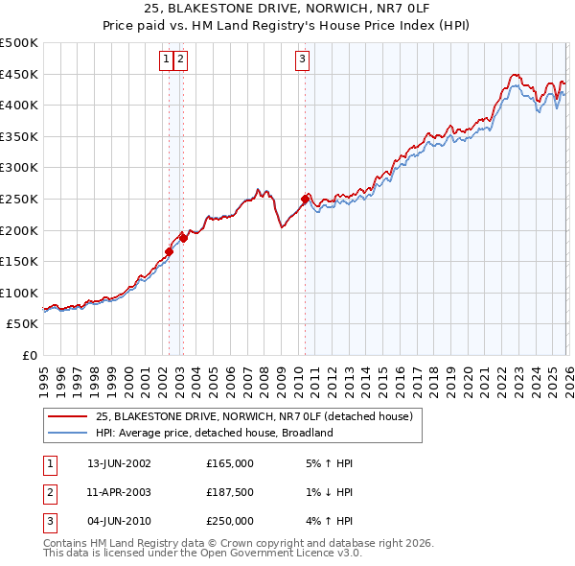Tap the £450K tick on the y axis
pos(18,74)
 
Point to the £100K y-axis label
pos(18,293)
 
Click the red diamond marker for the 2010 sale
pos(305,200)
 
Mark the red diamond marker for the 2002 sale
pos(170,252)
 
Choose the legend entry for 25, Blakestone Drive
pos(253,416)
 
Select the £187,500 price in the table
pos(229,492)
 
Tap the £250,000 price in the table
pos(229,521)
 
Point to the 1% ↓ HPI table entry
pos(327,492)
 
